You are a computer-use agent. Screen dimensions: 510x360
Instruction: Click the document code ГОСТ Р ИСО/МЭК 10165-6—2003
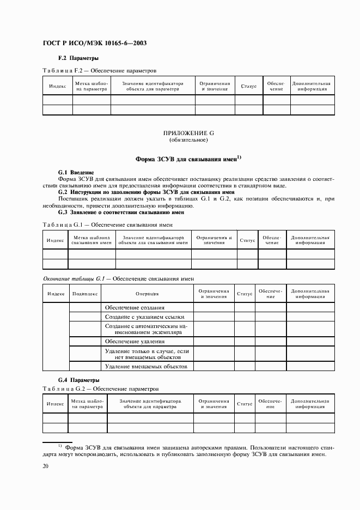pos(94,43)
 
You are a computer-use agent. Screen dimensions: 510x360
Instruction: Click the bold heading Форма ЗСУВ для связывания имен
pos(187,159)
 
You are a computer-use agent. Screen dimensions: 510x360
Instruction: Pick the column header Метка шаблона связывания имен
pos(92,240)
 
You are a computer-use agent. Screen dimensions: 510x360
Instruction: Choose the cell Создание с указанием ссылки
pos(145,317)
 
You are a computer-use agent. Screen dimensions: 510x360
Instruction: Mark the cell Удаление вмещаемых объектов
pos(145,367)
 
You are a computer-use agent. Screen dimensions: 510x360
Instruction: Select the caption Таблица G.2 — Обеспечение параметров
pos(100,389)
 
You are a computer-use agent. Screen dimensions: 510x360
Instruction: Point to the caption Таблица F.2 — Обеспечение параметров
pos(99,70)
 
